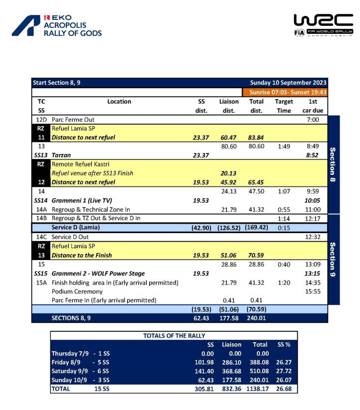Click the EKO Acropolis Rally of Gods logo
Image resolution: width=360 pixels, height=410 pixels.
57,25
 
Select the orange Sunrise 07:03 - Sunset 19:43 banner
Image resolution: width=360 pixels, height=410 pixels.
285,92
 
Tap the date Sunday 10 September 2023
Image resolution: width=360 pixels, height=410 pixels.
289,83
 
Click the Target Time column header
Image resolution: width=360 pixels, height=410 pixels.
284,106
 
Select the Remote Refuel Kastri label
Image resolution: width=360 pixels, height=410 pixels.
80,164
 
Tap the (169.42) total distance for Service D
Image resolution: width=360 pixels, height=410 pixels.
256,228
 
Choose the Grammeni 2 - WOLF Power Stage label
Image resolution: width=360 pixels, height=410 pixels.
98,273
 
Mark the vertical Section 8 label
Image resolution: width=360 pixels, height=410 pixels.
334,165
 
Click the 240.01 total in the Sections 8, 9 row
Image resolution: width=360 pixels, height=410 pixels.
256,318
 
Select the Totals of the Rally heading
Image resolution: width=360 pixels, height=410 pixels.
174,335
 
